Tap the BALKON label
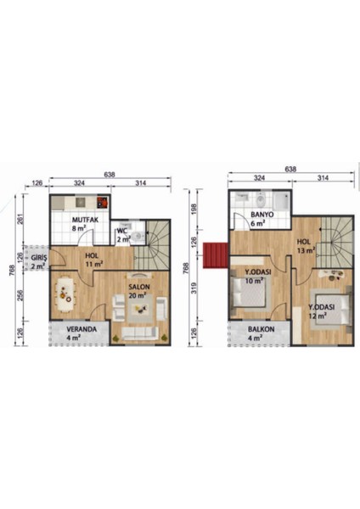click(262, 331)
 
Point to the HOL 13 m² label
click(304, 245)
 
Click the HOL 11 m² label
click(93, 260)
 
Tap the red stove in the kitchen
click(103, 203)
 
